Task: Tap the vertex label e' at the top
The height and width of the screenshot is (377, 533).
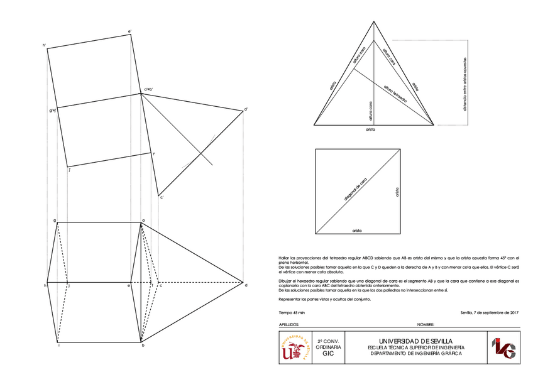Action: tap(129, 30)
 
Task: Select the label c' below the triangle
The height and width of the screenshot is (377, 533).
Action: tap(162, 198)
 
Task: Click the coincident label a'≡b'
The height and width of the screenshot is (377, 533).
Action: tap(150, 90)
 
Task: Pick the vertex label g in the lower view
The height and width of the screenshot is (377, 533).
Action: tap(55, 220)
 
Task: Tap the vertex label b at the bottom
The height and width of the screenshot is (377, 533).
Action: tap(144, 346)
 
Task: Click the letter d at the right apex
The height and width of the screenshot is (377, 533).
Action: tap(246, 285)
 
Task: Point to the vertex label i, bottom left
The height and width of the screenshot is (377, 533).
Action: tap(58, 346)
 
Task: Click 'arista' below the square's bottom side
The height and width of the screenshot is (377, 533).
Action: tap(357, 231)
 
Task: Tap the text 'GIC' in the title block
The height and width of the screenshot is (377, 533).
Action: tap(328, 354)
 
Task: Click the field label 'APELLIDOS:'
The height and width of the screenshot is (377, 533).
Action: tap(288, 325)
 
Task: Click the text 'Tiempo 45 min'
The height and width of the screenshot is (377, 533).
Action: tap(292, 312)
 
